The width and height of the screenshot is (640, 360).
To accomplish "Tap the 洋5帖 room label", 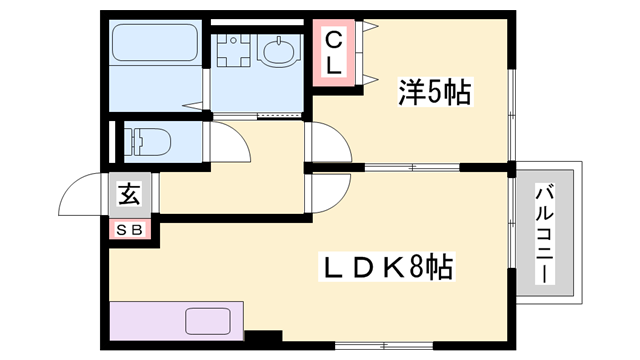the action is click(431, 93).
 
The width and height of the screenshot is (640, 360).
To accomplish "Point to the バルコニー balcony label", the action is click(545, 233).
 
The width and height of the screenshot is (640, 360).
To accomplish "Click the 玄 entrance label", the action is click(130, 194).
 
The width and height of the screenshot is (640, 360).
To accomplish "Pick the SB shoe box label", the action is click(130, 230).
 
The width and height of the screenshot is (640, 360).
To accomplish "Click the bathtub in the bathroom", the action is click(156, 44).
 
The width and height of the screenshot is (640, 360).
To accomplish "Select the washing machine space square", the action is click(233, 50).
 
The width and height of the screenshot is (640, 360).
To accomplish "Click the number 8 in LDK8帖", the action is click(413, 267).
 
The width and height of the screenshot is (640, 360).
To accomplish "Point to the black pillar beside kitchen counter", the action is click(262, 338).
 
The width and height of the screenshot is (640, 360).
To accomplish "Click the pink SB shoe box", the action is click(130, 230).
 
